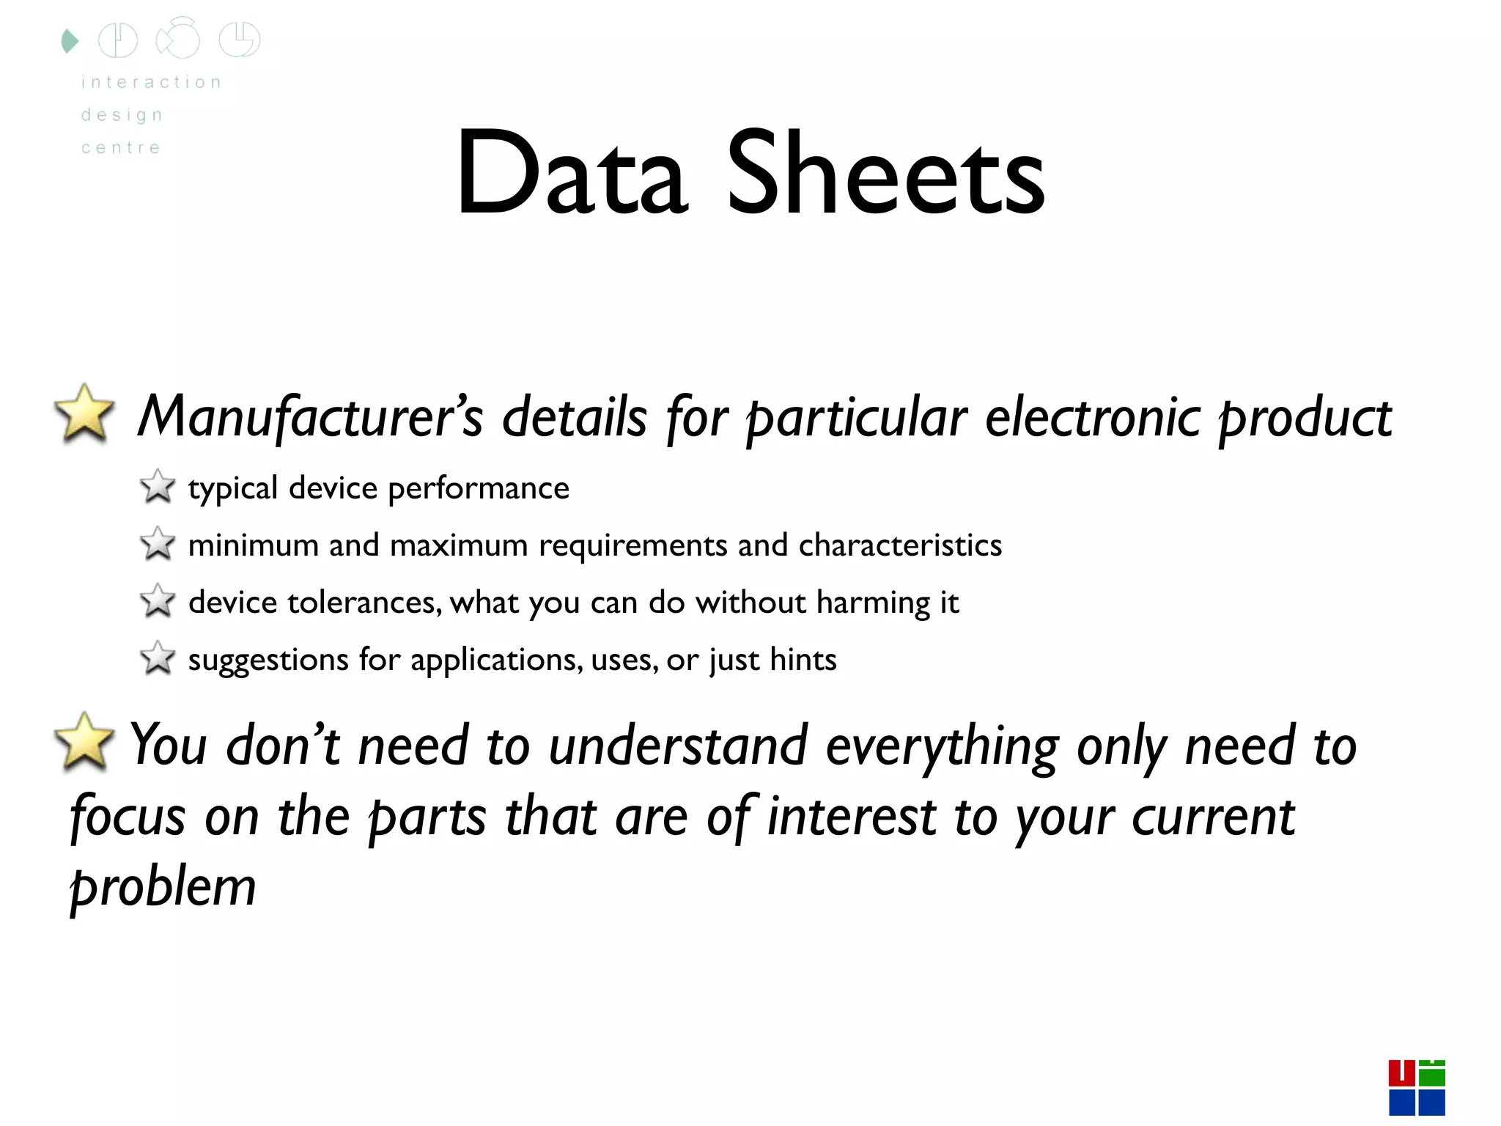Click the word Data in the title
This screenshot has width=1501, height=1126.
click(571, 174)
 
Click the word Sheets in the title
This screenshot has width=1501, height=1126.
click(885, 174)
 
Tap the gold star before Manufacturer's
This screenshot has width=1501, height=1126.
click(85, 414)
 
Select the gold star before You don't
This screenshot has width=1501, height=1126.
click(85, 742)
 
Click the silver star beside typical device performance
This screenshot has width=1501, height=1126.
click(158, 487)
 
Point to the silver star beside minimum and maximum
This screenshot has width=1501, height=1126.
click(158, 544)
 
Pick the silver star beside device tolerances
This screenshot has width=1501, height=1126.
click(158, 601)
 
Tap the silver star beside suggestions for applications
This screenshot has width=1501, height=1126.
click(158, 658)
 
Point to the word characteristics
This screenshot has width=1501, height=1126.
click(900, 545)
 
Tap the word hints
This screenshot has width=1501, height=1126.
click(803, 660)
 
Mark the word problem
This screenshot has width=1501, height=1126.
click(163, 888)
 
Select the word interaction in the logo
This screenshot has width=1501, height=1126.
click(151, 82)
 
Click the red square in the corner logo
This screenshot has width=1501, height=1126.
click(1401, 1073)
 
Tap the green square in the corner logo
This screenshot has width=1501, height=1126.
click(1432, 1075)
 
